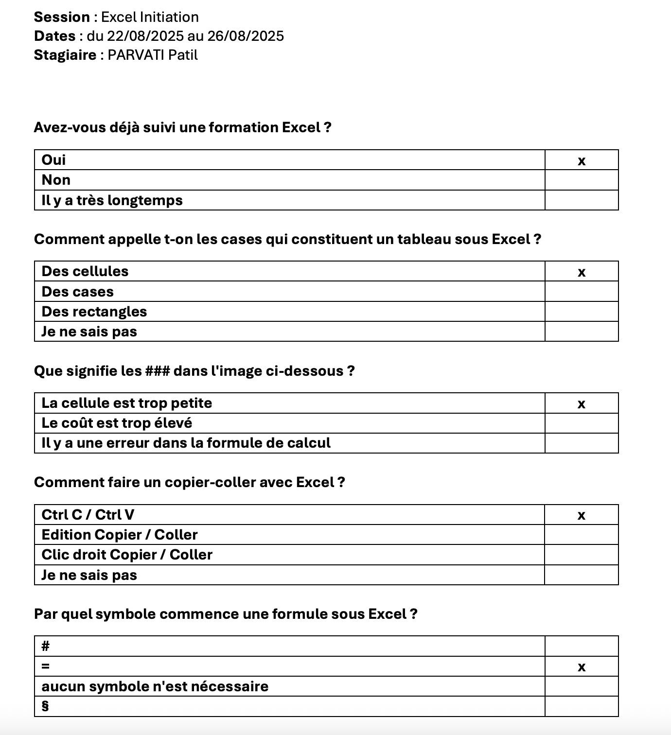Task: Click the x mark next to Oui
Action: (x=581, y=161)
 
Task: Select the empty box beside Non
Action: (x=581, y=180)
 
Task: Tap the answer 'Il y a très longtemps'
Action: (x=112, y=200)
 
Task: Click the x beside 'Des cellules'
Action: (x=581, y=272)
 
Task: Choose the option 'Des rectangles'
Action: (x=94, y=312)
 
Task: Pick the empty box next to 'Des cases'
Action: (x=581, y=292)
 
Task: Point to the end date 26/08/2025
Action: (x=246, y=36)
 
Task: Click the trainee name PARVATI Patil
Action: (x=153, y=55)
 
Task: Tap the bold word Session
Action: (x=62, y=17)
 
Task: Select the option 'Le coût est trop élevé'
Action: (x=117, y=423)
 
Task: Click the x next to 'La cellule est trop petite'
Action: (x=581, y=404)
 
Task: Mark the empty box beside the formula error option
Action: (x=581, y=443)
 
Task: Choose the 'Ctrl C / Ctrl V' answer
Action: (x=88, y=515)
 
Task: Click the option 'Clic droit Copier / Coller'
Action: (x=127, y=555)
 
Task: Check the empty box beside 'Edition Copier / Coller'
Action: (x=581, y=535)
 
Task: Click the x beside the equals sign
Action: (x=581, y=667)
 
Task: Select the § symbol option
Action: (x=45, y=706)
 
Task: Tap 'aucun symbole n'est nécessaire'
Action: (x=155, y=686)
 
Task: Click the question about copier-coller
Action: (x=189, y=482)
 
